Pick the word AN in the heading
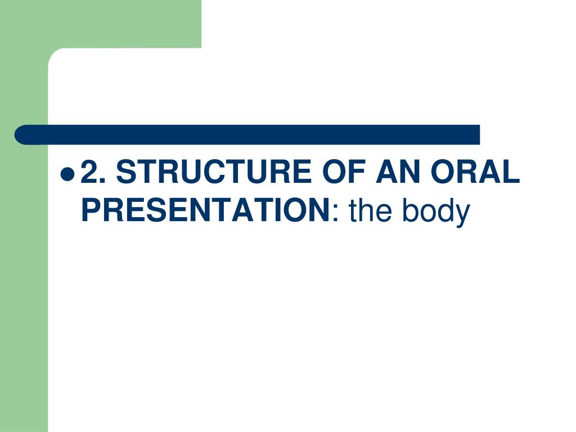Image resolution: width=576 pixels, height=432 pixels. (397, 172)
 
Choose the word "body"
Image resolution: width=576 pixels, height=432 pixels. (436, 211)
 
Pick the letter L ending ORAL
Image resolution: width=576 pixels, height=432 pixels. (512, 172)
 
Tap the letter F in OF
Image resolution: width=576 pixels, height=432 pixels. (352, 172)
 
